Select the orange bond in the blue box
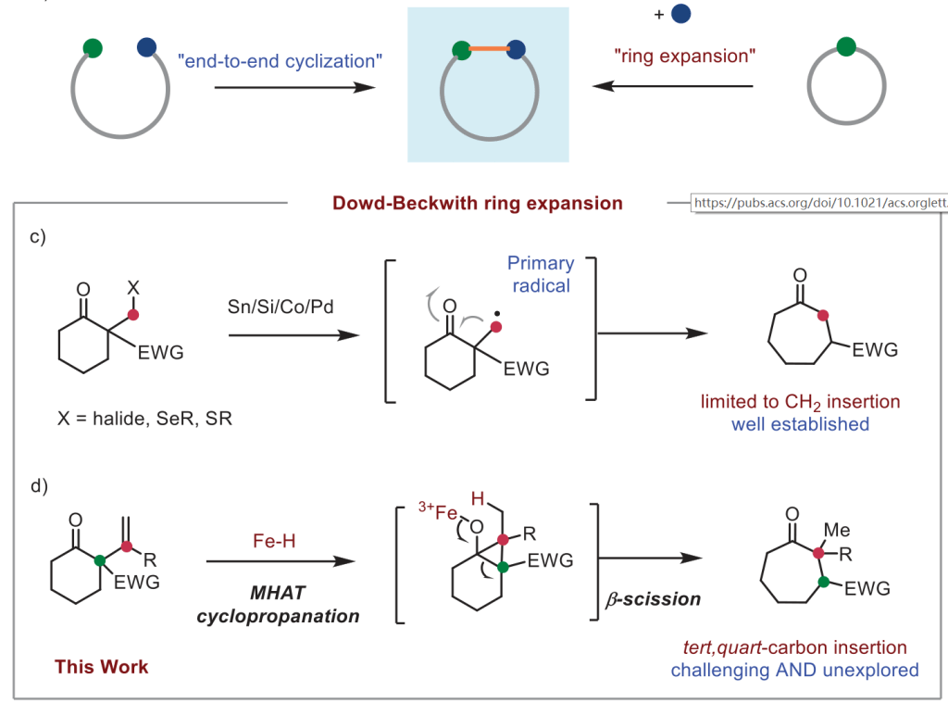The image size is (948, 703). (490, 47)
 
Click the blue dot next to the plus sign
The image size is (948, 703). (681, 15)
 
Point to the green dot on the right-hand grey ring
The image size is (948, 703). (844, 46)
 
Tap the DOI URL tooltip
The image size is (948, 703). (819, 203)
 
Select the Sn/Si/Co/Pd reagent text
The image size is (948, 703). (281, 307)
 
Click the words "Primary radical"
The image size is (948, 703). (541, 275)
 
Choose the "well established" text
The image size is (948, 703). (801, 424)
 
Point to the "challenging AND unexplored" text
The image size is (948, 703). (795, 669)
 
